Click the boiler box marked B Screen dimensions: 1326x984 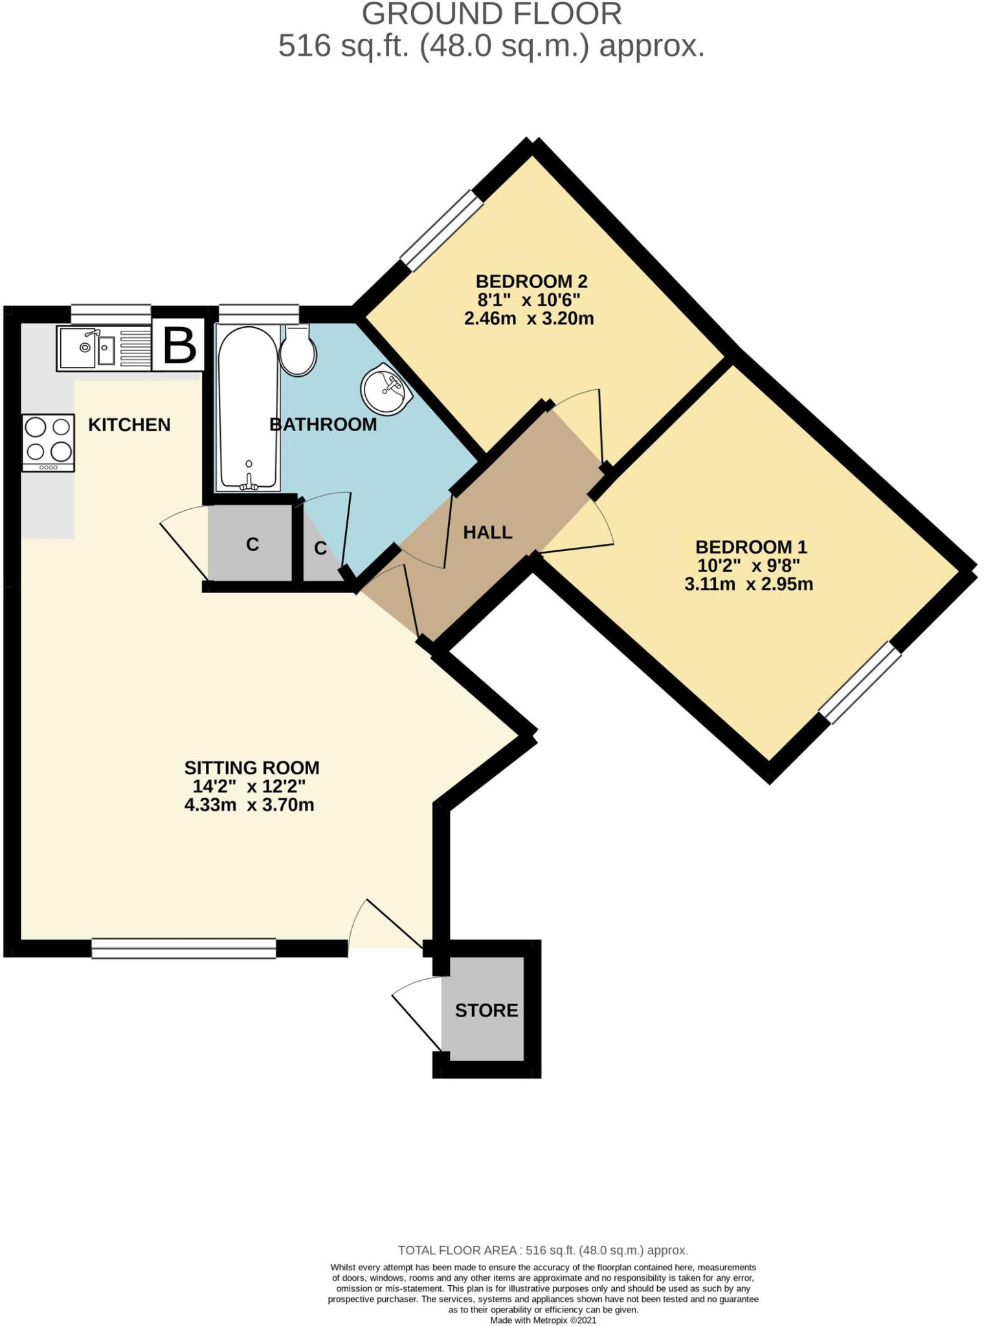pos(179,346)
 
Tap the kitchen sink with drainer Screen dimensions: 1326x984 pos(104,348)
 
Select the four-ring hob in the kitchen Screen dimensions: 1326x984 pos(49,443)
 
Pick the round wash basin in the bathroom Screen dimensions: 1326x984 pos(385,390)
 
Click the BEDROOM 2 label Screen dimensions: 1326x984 pos(531,282)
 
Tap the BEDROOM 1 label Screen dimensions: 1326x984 pos(751,546)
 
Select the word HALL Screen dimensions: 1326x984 pos(487,532)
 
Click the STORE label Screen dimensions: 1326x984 pos(486,1010)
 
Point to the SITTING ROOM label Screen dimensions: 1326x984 pos(252,768)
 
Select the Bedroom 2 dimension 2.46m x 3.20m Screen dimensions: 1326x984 pos(529,319)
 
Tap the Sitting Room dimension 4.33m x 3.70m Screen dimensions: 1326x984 pos(249,805)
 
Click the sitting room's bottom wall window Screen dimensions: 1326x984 pos(183,949)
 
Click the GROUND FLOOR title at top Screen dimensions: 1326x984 pos(491,14)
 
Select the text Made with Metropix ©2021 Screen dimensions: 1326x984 pos(542,1320)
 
